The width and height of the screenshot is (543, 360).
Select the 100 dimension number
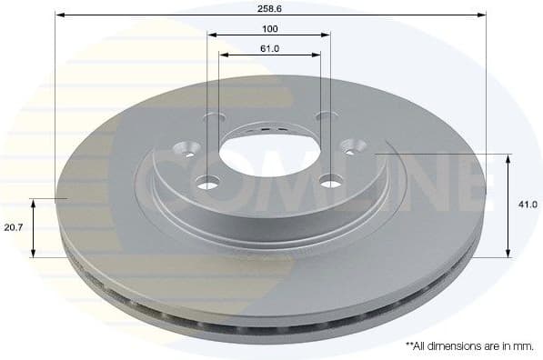click(x=268, y=28)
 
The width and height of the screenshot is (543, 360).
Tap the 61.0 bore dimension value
click(x=268, y=48)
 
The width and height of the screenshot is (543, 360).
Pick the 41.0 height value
click(x=527, y=205)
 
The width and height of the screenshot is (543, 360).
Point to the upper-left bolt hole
click(x=215, y=118)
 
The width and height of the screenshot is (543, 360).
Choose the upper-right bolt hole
click(x=322, y=117)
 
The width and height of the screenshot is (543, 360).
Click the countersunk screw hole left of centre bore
click(x=189, y=149)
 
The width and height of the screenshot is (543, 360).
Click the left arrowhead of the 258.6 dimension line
click(x=59, y=15)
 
